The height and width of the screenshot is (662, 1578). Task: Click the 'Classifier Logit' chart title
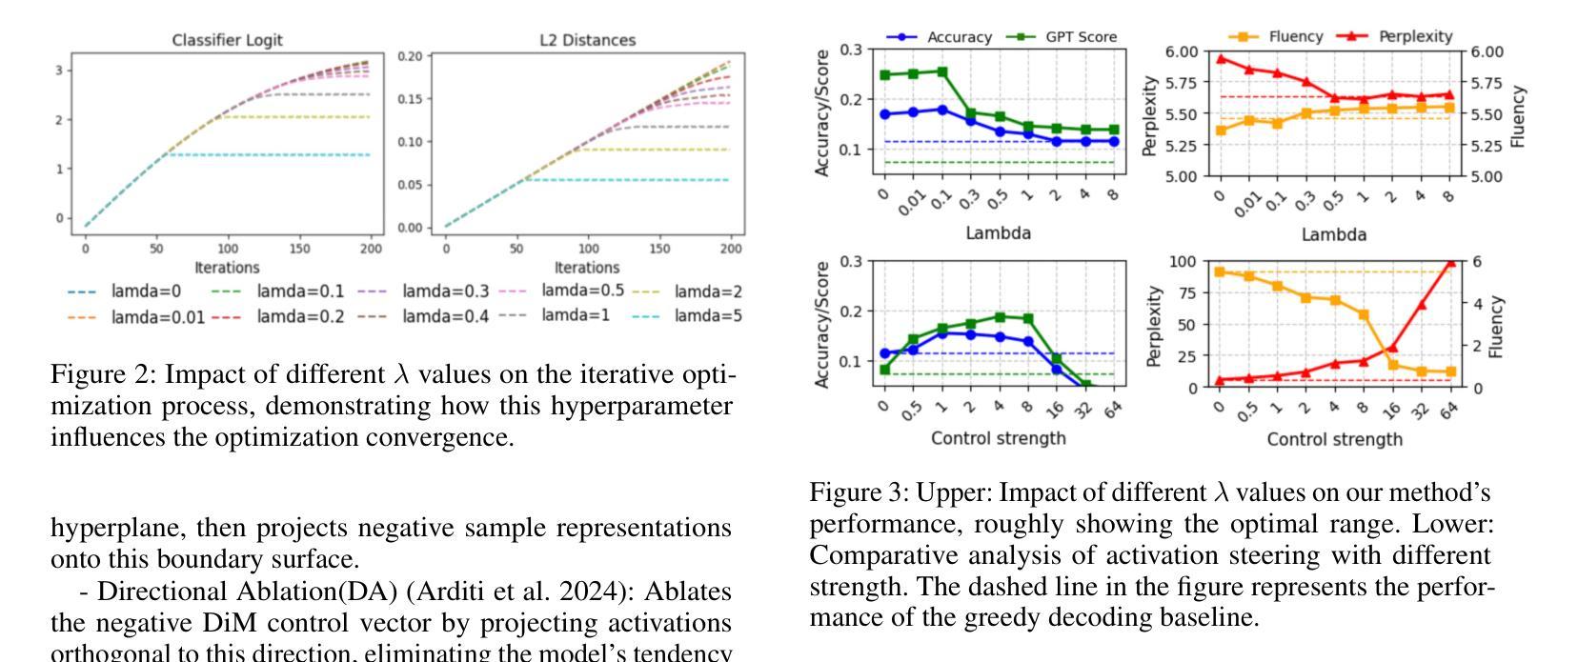pos(227,40)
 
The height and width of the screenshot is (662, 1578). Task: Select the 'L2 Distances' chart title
pos(587,40)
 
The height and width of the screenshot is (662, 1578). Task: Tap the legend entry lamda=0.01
pos(157,316)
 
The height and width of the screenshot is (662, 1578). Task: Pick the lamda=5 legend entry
pos(708,315)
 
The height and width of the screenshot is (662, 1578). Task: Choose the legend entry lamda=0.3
pos(445,291)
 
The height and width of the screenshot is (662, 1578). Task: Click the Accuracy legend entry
pos(959,37)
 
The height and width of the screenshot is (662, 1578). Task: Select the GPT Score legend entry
pos(1081,37)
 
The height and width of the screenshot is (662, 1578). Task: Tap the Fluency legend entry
pos(1295,36)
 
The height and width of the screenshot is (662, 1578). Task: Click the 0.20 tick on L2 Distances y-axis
pos(409,56)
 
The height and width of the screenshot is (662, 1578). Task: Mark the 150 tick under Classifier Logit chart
pos(299,250)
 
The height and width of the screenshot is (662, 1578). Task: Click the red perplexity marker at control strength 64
pos(1450,263)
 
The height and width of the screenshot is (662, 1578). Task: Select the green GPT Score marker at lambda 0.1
pos(943,71)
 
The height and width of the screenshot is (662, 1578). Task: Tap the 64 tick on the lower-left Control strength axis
pos(1112,410)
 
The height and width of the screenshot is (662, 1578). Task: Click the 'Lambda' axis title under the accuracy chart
pos(999,233)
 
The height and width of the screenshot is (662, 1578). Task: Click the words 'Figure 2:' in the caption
pos(104,374)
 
